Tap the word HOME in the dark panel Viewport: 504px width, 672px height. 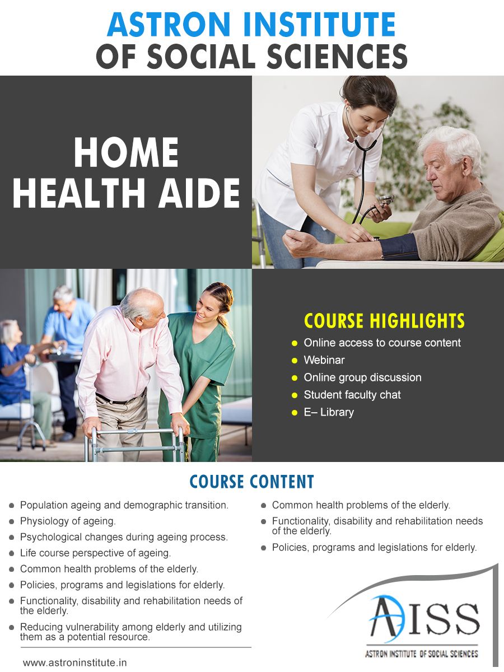126,152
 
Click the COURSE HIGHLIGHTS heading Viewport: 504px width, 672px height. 384,321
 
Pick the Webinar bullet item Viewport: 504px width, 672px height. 324,360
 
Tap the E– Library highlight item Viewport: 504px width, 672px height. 329,412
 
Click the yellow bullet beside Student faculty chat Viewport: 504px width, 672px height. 295,395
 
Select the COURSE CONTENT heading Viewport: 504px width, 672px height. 251,482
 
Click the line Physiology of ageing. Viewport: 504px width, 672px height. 68,521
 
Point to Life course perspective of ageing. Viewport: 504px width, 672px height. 95,553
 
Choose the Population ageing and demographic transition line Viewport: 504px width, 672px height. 124,505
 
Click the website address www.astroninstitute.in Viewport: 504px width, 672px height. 75,662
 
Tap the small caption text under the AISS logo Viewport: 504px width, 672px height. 421,654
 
